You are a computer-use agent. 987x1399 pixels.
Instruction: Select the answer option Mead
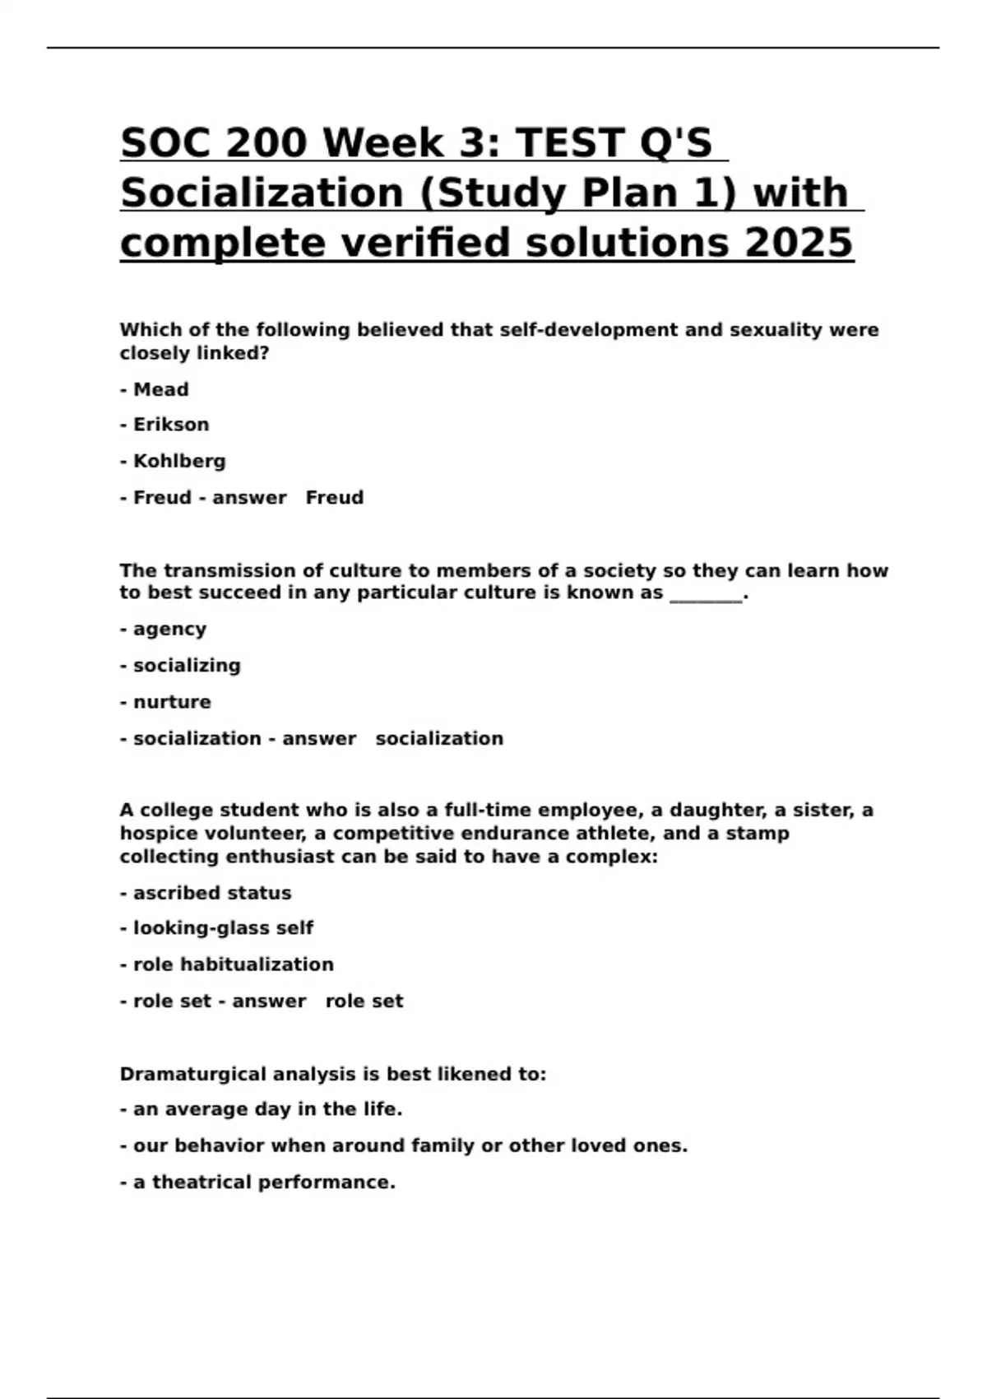(x=160, y=389)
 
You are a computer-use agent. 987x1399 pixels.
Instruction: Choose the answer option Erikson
(x=171, y=425)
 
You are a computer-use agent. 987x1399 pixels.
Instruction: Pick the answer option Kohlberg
(x=179, y=461)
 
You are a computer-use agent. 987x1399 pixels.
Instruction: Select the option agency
(x=169, y=630)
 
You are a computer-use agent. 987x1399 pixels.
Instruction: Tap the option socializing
(x=187, y=666)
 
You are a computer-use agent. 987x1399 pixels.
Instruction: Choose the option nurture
(x=172, y=702)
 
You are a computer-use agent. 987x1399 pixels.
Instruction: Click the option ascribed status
(x=212, y=893)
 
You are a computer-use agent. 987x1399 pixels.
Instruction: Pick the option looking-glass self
(x=223, y=928)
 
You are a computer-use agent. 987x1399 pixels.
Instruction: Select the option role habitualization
(x=233, y=964)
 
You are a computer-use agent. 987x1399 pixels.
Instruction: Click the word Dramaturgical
(x=193, y=1075)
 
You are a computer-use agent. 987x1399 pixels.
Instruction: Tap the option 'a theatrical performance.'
(x=263, y=1183)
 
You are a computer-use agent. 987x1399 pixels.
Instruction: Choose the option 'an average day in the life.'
(x=267, y=1109)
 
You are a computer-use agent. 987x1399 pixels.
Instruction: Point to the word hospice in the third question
(x=159, y=834)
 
